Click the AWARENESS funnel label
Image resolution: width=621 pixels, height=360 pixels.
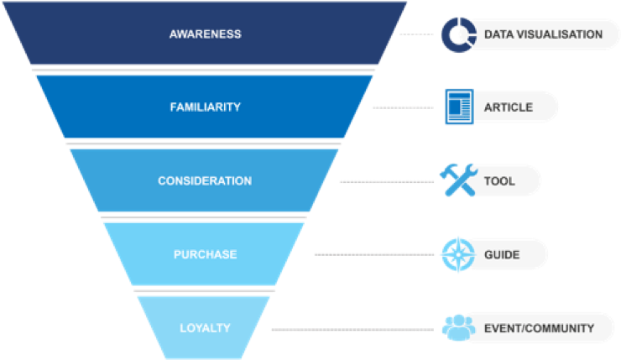click(205, 34)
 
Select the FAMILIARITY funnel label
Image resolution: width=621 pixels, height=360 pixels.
click(205, 107)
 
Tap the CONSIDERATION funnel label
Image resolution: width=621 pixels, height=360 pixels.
click(205, 180)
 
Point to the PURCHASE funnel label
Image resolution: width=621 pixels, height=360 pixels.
click(205, 254)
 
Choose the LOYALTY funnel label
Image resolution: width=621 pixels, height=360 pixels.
click(205, 327)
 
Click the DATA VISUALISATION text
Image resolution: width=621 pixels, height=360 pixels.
click(543, 34)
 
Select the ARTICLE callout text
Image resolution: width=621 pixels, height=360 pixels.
click(508, 107)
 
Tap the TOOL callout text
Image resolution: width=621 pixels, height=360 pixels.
click(499, 180)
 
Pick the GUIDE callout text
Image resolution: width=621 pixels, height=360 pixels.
click(502, 254)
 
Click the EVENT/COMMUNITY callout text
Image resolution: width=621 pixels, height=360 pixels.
click(539, 327)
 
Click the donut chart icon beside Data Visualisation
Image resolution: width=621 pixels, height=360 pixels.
click(458, 34)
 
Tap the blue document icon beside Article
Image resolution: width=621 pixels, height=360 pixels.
click(459, 107)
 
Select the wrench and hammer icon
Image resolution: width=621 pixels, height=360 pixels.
click(458, 180)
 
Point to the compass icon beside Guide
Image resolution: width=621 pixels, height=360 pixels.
click(458, 253)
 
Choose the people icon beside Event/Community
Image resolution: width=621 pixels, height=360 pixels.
click(458, 327)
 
